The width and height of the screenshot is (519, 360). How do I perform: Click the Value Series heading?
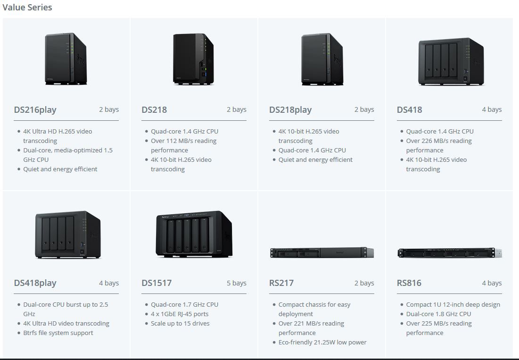27,7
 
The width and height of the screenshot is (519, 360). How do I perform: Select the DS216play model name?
35,110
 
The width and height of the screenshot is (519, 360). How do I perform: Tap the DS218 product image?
193,59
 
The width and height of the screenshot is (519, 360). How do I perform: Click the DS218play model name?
290,110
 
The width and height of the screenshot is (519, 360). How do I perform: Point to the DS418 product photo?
451,61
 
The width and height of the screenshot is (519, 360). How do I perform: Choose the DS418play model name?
35,283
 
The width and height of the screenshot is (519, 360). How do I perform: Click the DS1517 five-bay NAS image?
194,234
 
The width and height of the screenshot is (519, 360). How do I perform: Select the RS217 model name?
281,283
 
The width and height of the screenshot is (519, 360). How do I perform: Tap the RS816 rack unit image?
449,253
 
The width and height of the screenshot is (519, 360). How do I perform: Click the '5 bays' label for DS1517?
236,283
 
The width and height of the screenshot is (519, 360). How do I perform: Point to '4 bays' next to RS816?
492,283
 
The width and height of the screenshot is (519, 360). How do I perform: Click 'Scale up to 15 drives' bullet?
180,323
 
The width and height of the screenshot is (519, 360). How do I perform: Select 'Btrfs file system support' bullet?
58,333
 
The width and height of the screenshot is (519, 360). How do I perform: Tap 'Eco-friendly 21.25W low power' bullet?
322,342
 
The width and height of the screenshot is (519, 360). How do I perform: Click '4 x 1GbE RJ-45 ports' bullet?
180,314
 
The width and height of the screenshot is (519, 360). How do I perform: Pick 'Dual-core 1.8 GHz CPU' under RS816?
438,314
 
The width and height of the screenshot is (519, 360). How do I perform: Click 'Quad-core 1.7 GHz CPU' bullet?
184,304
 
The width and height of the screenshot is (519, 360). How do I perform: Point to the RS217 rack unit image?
322,252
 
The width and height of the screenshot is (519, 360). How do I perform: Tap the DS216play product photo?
66,59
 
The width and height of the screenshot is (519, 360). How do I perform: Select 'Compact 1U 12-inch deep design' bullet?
453,304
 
